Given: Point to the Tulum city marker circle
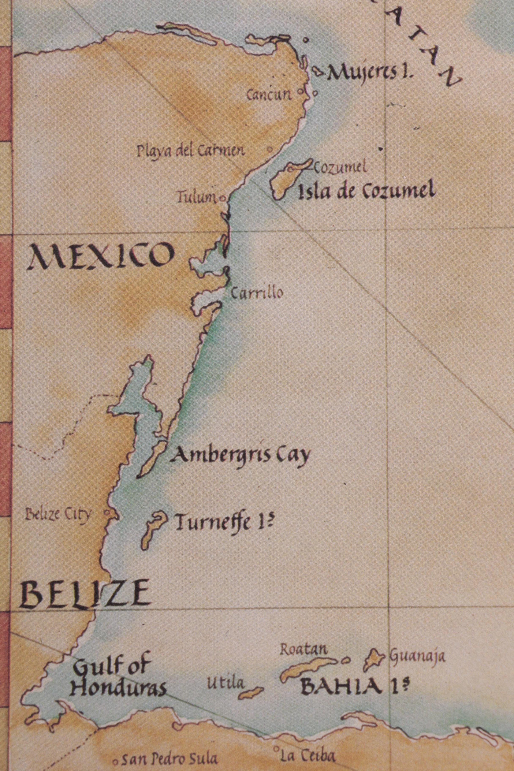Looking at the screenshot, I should tap(223, 198).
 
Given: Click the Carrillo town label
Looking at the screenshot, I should tap(257, 293).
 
